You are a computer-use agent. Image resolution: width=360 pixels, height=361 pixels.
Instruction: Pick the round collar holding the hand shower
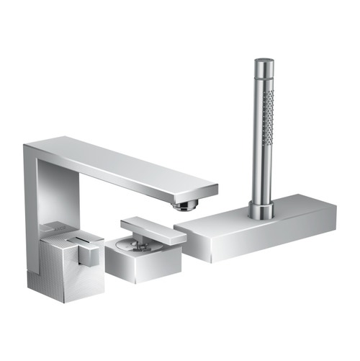[259, 210]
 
